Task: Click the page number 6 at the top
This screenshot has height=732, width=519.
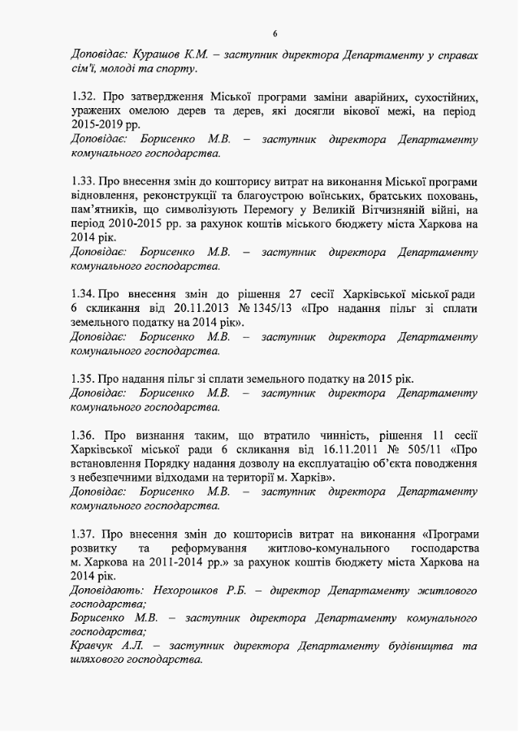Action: click(275, 32)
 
